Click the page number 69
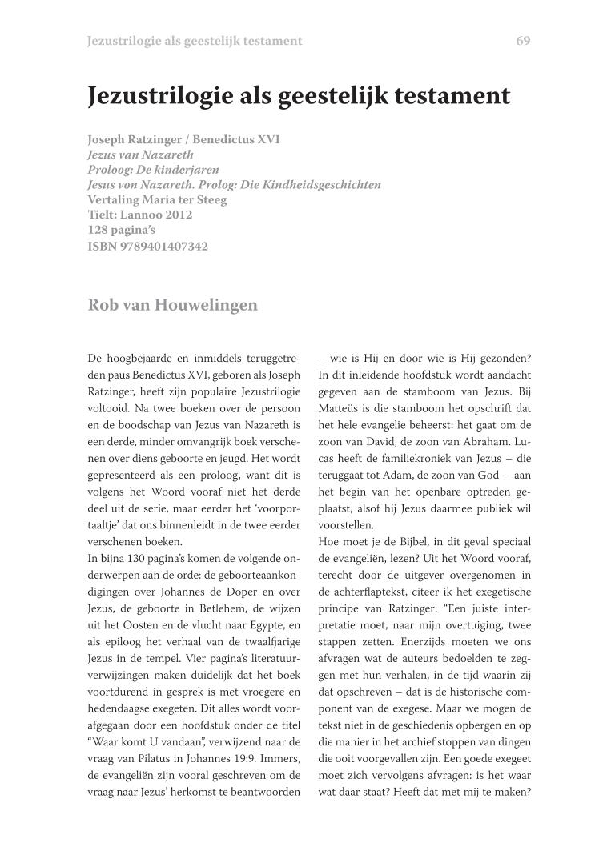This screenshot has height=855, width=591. click(x=524, y=41)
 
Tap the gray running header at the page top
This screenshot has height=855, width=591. click(x=195, y=41)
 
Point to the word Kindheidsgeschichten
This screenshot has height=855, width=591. click(x=327, y=185)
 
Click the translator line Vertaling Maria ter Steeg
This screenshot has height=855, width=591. click(x=157, y=200)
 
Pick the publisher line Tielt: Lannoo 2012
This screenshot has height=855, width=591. click(x=140, y=215)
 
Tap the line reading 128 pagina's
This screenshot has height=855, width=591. click(x=121, y=231)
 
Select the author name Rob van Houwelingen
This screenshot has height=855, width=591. click(x=172, y=304)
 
